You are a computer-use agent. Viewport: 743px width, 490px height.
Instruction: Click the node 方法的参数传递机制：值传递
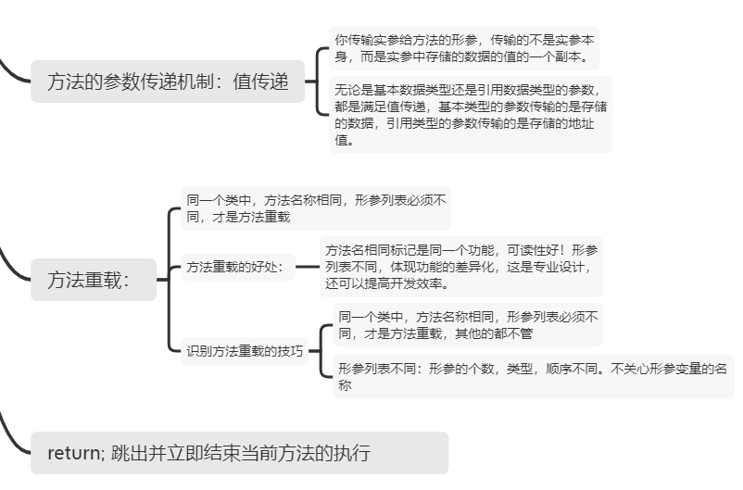tap(168, 82)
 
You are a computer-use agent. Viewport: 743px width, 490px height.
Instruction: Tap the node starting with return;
tap(239, 453)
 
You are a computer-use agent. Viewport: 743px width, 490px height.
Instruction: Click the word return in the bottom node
tap(75, 453)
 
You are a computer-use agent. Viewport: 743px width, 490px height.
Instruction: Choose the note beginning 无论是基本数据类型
tap(471, 115)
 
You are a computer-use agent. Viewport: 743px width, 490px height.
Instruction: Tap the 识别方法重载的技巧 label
tap(245, 351)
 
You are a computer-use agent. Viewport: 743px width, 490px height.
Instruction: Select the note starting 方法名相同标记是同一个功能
tap(460, 267)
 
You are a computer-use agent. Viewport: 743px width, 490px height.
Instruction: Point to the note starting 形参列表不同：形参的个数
tap(532, 376)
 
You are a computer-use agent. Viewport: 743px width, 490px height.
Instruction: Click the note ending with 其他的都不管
tap(467, 324)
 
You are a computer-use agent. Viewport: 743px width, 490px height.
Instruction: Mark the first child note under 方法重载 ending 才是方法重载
tap(315, 207)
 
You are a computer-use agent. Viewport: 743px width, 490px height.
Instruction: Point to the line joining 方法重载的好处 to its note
tap(306, 268)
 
